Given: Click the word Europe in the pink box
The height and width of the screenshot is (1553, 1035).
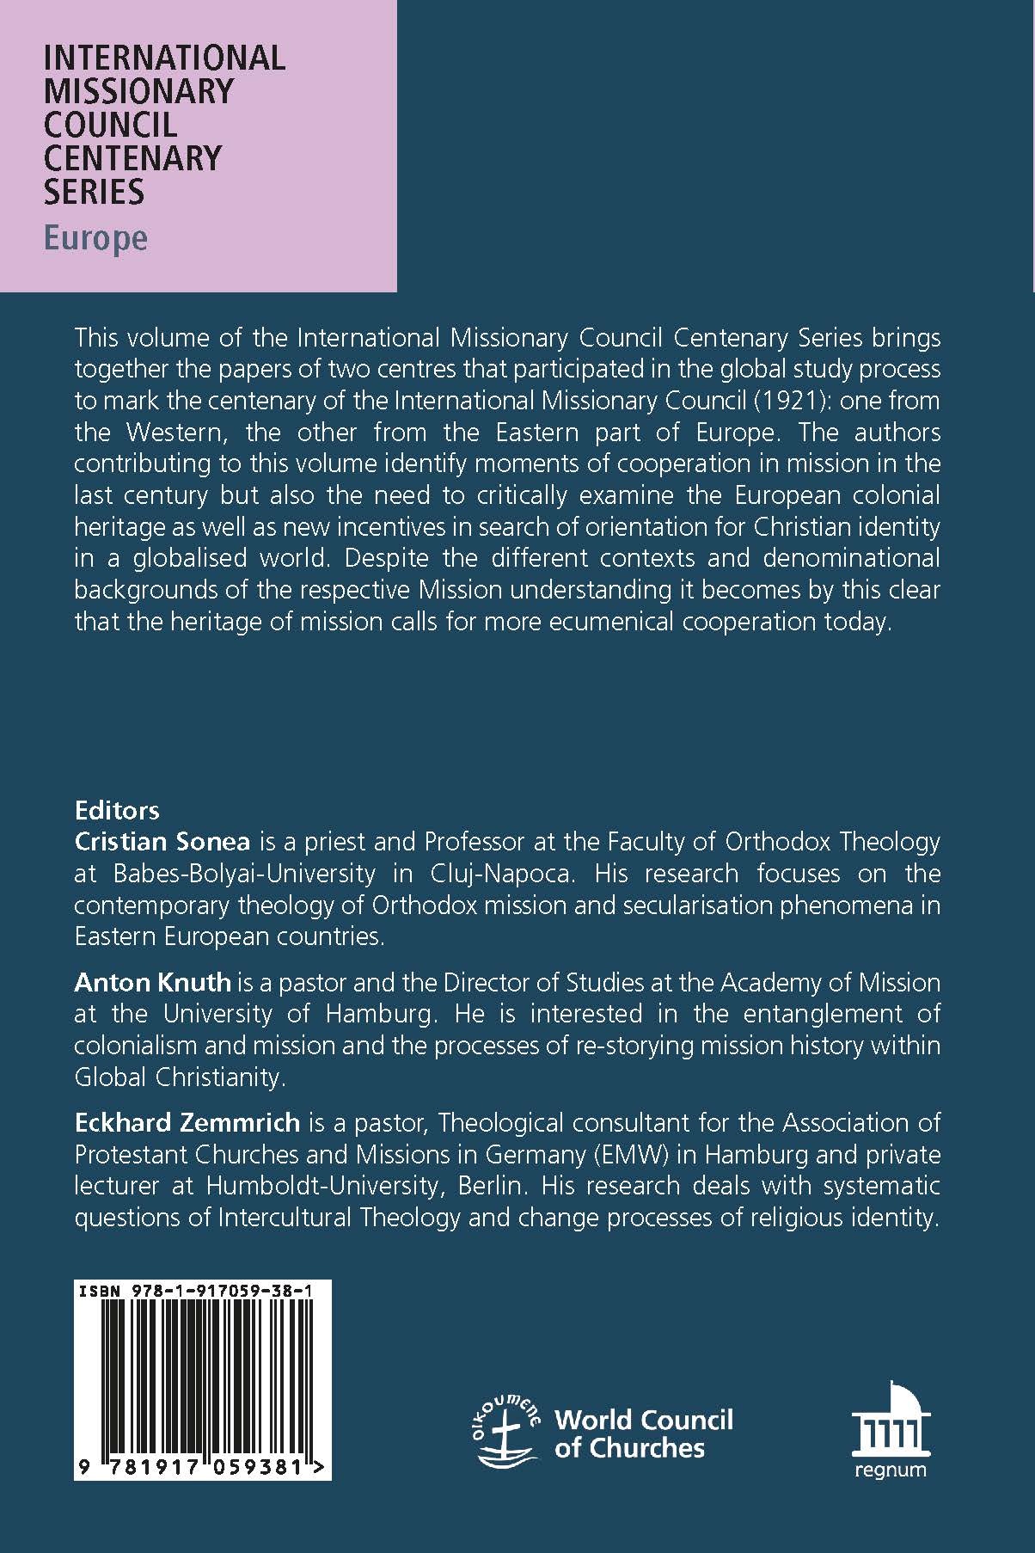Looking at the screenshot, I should coord(95,238).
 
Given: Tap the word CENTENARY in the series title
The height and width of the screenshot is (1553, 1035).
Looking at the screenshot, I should coord(132,157).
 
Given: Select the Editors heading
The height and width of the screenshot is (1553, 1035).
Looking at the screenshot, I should coord(117,810).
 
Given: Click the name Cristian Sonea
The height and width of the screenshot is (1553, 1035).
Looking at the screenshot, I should coord(162,841).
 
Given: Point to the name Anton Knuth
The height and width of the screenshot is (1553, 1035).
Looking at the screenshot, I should coord(153,982).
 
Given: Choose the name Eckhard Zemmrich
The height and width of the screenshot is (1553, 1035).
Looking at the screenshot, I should coord(187,1122).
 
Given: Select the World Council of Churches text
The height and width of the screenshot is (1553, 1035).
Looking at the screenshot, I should coord(643,1433).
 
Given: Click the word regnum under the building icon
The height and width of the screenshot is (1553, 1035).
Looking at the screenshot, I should coord(891,1470).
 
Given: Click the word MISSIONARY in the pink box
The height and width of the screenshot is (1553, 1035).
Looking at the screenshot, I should coord(138,91).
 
